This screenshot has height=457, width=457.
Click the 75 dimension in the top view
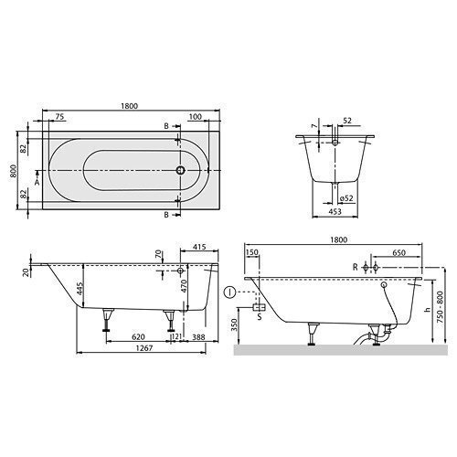coord(58,117)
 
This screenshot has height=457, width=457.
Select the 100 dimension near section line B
coord(196,117)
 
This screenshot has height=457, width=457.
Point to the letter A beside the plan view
coord(37,182)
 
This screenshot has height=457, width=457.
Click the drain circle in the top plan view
coord(182,171)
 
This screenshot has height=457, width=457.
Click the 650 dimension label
coord(399,253)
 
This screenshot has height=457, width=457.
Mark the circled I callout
coord(228,292)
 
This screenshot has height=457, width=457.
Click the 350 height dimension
coord(236,326)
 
